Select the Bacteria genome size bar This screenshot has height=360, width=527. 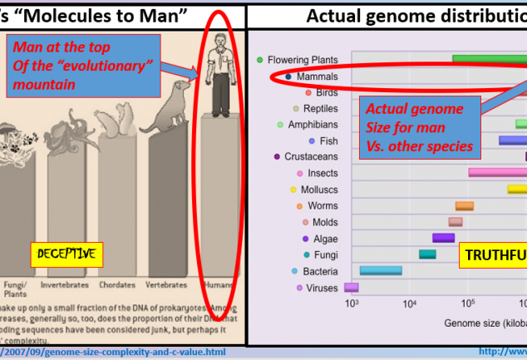[x=381, y=270]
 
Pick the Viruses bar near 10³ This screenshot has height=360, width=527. [x=351, y=288]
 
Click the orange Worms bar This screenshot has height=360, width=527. [x=464, y=205]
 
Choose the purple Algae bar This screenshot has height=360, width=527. [x=443, y=238]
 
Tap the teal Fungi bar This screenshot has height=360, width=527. [x=427, y=254]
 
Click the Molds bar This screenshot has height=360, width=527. [x=456, y=222]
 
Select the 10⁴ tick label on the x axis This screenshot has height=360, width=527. [x=409, y=304]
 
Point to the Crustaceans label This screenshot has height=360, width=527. [x=311, y=156]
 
